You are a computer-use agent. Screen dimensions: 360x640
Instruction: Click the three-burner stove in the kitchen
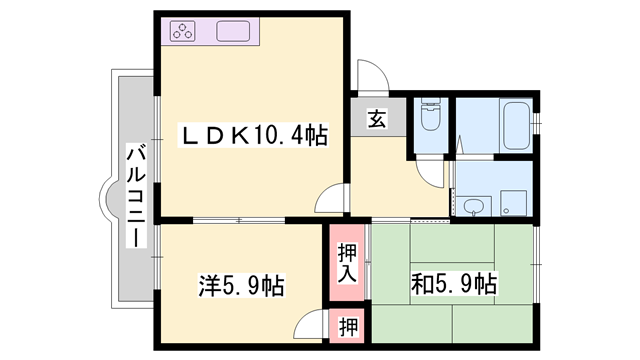pyautogui.click(x=183, y=30)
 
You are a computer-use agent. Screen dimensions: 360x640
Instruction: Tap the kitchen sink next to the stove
pyautogui.click(x=232, y=30)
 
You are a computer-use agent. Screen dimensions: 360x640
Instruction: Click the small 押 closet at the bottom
pyautogui.click(x=345, y=325)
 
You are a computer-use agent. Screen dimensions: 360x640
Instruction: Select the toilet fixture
pyautogui.click(x=430, y=117)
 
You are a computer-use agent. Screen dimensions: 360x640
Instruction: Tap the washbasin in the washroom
pyautogui.click(x=473, y=206)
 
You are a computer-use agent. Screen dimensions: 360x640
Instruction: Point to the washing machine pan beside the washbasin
pyautogui.click(x=514, y=201)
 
